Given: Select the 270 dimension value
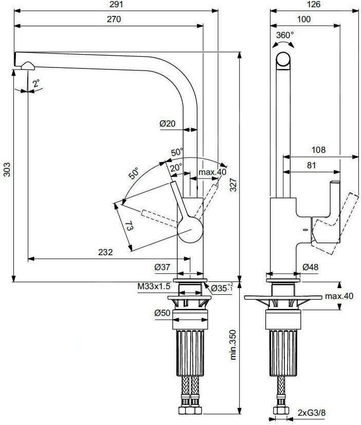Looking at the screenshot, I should pos(113,20).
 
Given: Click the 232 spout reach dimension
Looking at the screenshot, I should pos(105,252).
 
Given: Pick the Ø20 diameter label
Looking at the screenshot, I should pos(167,123).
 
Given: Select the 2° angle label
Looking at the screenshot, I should pos(35,83).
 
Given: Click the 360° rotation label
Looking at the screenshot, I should pos(285,35).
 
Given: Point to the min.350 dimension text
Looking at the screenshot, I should pos(233,343).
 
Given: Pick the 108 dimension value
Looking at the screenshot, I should pos(319,150).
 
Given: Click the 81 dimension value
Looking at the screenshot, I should pos(312,166).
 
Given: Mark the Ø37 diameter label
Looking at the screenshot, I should pos(163,268).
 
